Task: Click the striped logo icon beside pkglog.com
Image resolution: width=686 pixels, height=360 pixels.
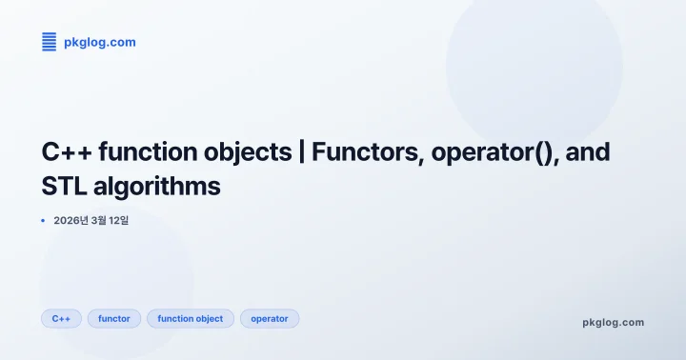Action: (x=50, y=42)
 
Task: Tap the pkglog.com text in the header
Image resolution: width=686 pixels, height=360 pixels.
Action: (x=99, y=42)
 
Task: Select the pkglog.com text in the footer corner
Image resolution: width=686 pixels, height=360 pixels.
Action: (x=613, y=322)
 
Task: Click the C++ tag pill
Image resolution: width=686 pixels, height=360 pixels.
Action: (x=61, y=318)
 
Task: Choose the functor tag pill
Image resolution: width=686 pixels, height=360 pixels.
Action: (x=114, y=318)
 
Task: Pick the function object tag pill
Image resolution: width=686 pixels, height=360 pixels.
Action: (x=190, y=318)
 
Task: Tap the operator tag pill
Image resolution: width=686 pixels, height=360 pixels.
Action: (x=270, y=318)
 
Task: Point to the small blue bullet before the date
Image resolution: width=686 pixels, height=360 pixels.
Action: (x=43, y=221)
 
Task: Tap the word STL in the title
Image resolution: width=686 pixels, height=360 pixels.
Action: (x=64, y=186)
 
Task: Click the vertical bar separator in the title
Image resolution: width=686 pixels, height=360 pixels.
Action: (x=302, y=152)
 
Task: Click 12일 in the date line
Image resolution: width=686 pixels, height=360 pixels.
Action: (x=118, y=221)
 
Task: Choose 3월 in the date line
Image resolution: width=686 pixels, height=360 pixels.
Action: (x=97, y=221)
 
